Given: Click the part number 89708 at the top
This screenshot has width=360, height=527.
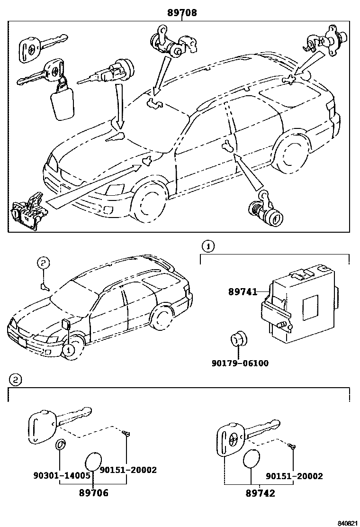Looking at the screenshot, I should (181, 13).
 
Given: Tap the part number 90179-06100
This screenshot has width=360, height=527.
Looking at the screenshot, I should (240, 363).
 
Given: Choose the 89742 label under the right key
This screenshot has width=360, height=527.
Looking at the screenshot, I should (260, 493).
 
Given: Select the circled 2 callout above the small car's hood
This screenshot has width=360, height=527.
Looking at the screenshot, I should (43, 263).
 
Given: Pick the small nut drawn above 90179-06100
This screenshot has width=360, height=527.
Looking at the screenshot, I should (236, 341).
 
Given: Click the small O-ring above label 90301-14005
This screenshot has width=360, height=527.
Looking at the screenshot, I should (60, 445).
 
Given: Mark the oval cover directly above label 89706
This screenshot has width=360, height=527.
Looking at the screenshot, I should (93, 460).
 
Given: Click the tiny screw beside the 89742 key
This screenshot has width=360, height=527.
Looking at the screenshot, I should (292, 446).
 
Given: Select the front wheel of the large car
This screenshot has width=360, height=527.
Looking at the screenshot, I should (151, 204).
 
